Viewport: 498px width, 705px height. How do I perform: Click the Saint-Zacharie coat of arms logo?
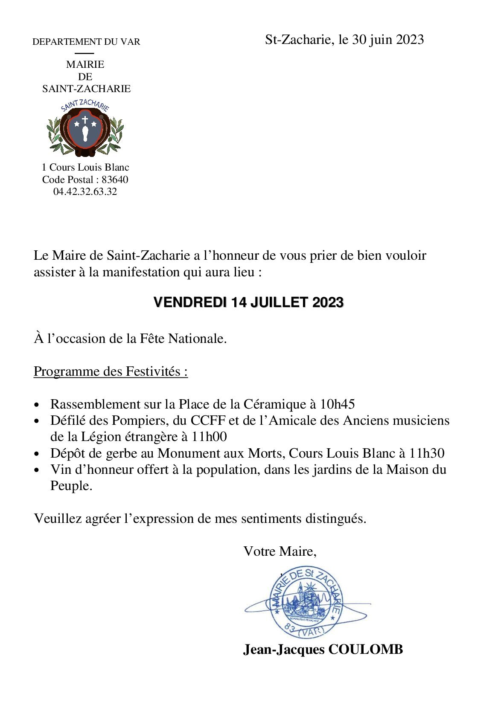coord(85,128)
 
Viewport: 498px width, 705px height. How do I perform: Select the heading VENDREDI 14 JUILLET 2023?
coord(248,302)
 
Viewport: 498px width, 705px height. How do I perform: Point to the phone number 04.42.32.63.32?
coord(85,192)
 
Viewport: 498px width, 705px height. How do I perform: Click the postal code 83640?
coord(115,180)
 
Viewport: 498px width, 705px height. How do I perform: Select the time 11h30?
coord(427,453)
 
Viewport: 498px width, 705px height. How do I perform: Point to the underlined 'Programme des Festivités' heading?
coord(111,371)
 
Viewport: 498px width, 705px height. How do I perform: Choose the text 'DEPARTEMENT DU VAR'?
coord(86,42)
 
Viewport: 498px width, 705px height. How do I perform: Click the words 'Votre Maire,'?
coord(280,551)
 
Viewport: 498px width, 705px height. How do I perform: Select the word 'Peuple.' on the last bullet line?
coord(71,486)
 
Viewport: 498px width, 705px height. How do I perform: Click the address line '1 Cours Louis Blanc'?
coord(85,167)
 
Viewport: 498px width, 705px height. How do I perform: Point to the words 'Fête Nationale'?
coord(183,339)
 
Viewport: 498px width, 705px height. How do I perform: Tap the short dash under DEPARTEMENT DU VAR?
coord(84,53)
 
